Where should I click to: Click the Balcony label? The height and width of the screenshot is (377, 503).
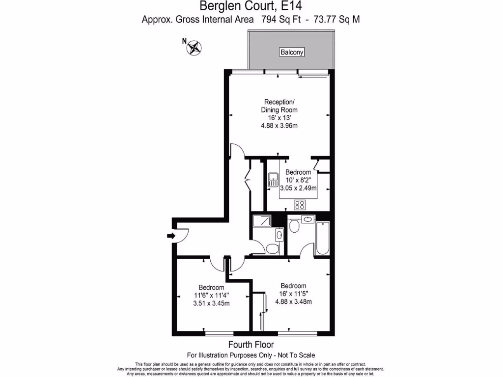292,52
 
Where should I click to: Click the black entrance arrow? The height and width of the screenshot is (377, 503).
171,236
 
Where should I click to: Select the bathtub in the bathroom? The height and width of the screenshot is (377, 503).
323,239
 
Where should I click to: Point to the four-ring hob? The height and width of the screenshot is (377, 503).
299,205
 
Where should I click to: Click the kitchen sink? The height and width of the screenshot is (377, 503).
274,180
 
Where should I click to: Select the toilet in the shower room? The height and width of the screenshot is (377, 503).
271,249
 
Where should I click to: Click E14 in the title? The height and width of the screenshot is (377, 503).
288,6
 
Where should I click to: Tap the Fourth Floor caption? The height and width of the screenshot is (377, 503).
251,345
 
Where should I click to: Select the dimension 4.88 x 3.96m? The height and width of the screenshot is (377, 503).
279,126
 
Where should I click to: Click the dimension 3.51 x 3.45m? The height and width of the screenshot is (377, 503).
211,303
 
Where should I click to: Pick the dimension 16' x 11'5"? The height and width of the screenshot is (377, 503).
293,294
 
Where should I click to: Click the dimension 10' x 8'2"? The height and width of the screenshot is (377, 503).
298,180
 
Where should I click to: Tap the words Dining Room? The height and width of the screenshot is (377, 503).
279,110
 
